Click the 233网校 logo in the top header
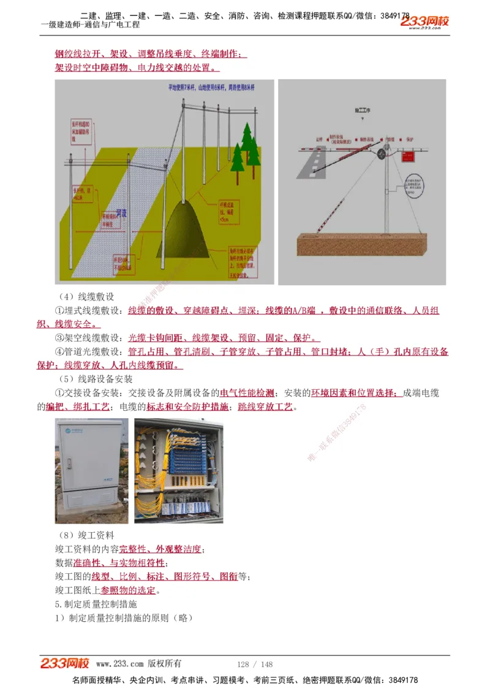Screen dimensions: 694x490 [x=424, y=22]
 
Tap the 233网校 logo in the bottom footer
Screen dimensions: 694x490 [x=66, y=663]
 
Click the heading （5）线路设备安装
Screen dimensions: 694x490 [x=94, y=379]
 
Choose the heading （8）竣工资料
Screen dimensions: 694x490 [x=85, y=535]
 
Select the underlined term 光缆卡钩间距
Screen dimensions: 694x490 [x=157, y=338]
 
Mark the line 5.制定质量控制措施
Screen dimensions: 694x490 [x=96, y=604]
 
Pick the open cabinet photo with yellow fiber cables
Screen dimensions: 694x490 [x=178, y=470]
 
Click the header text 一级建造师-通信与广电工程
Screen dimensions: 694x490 [x=90, y=25]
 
